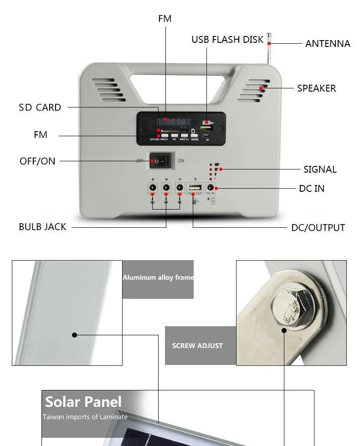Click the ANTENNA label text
[328, 44]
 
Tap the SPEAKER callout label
[316, 88]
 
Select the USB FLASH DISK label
[227, 40]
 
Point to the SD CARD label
[40, 108]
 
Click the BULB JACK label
[42, 227]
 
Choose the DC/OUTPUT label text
[318, 228]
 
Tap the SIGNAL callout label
[320, 169]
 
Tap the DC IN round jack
[211, 187]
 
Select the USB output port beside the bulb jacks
[195, 188]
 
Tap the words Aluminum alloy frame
[158, 277]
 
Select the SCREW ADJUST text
[197, 346]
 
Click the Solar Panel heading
[83, 402]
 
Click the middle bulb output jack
[166, 187]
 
